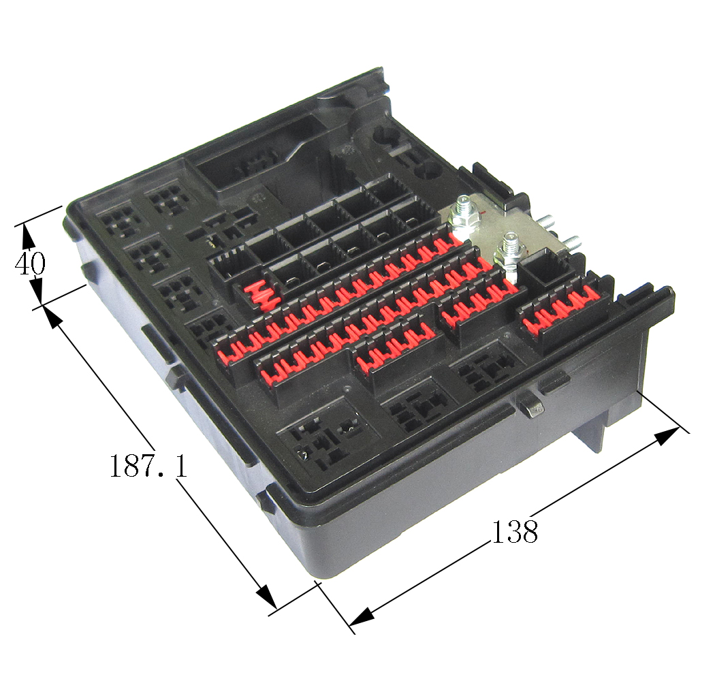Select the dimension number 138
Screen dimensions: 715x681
point(514,531)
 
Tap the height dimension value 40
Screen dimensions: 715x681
point(30,264)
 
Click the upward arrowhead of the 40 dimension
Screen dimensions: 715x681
point(29,236)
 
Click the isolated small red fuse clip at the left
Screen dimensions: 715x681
point(259,295)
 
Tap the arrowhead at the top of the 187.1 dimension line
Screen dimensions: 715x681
point(54,317)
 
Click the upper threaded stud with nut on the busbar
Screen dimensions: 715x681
point(464,215)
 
